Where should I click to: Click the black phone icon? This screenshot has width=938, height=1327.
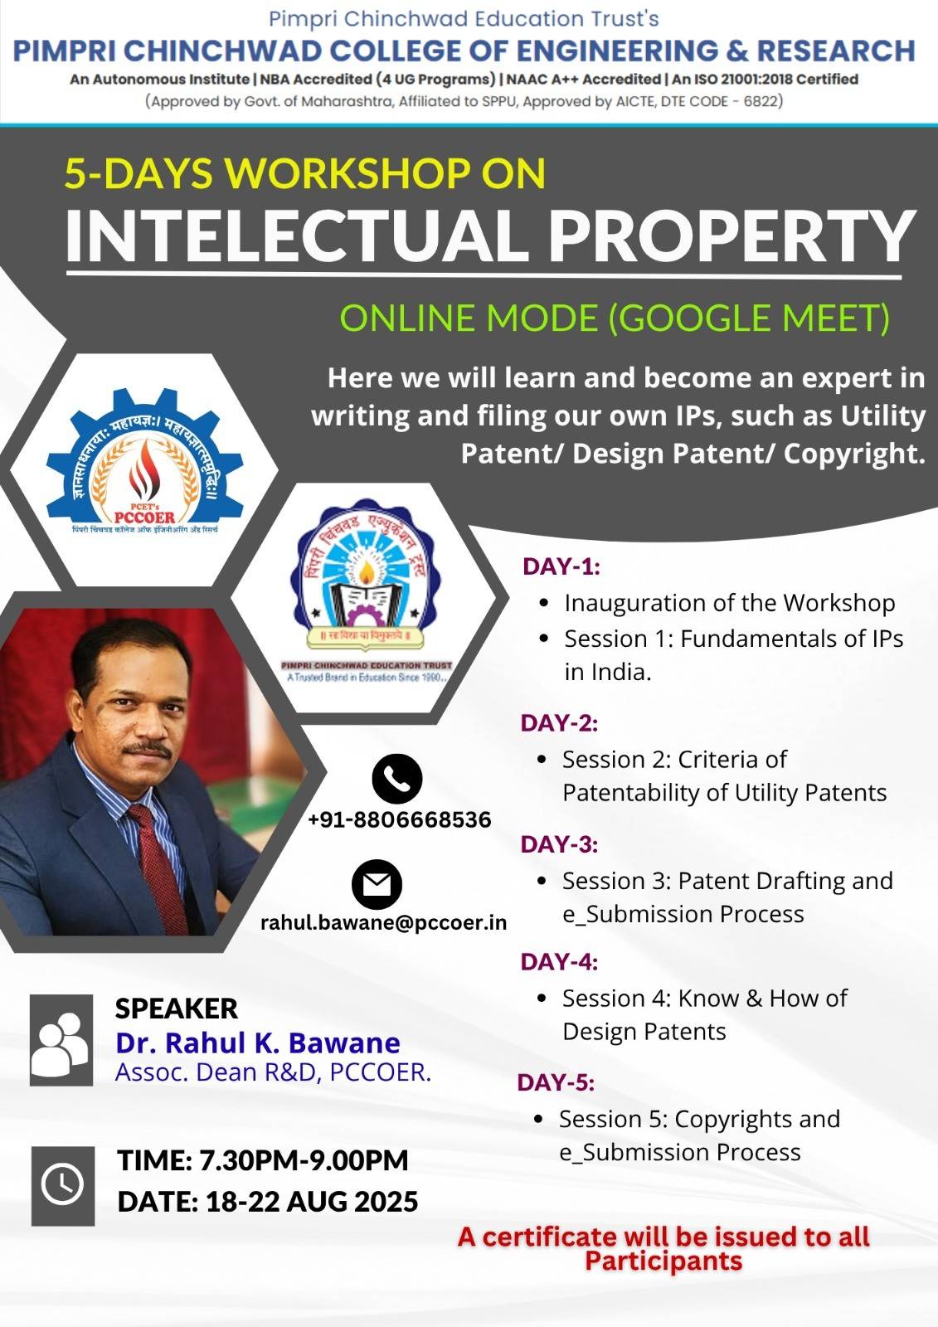(397, 779)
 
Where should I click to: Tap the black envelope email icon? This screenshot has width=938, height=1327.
(377, 884)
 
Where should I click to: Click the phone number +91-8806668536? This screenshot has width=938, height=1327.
(400, 820)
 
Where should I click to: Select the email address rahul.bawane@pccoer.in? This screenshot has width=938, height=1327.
(384, 922)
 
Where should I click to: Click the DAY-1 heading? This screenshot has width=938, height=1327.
(561, 566)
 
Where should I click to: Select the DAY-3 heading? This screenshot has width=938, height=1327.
(559, 844)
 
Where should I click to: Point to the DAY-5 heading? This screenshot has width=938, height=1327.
(556, 1082)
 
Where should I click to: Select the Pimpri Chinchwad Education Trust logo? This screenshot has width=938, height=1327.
(367, 592)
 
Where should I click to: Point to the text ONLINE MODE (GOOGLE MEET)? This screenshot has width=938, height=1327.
(615, 318)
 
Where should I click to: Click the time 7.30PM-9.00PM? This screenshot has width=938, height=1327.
(304, 1160)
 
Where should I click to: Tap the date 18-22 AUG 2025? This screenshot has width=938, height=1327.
(312, 1201)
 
